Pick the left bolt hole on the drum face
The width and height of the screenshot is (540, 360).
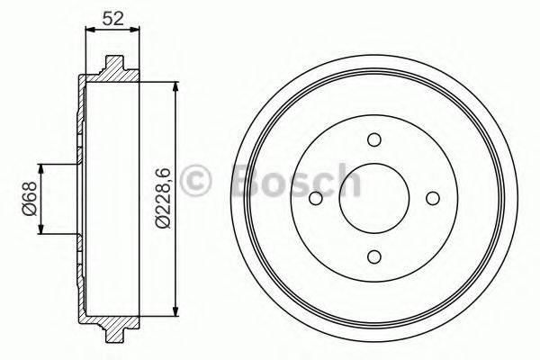316,200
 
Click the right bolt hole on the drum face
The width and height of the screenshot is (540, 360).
433,199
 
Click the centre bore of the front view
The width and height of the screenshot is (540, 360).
374,199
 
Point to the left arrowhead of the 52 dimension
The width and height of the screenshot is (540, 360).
87,30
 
